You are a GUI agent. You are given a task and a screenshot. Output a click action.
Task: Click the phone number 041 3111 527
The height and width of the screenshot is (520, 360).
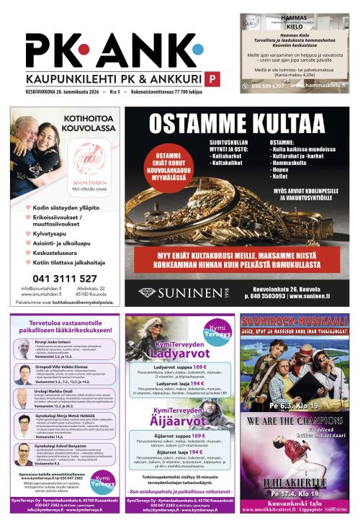[65, 278]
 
